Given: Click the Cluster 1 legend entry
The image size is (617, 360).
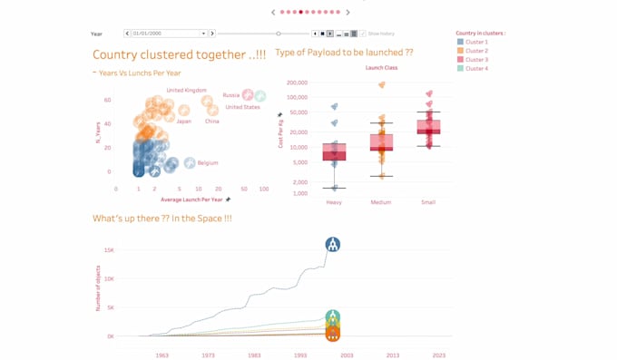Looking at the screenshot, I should coord(475,43).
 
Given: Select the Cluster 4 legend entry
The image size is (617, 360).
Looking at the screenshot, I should coord(475,69).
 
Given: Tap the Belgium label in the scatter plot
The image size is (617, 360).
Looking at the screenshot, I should coord(208,163).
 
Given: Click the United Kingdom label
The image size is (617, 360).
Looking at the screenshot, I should coord(187,91).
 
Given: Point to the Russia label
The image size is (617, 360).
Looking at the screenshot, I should coord(231,95).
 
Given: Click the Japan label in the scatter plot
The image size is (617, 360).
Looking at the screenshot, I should coord(184,122).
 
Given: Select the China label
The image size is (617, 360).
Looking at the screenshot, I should coord(211,122).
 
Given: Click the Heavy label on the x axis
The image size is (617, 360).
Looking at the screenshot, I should coord(334,202).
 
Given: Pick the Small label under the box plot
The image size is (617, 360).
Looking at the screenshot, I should coord(428,202).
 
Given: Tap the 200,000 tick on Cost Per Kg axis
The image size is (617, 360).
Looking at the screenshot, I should coord(297,83).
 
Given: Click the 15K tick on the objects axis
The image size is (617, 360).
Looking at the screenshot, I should coord(109,250).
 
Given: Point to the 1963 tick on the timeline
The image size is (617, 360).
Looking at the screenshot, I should coord(162,355).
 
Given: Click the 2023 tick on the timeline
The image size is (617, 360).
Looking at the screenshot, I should coord(439,355).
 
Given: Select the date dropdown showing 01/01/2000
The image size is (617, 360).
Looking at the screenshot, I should coord(169,34).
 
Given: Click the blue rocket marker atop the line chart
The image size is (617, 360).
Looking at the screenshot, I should coord(333,245).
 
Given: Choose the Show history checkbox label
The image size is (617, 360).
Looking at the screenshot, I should coord(381,34).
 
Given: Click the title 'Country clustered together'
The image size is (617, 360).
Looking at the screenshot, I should coord(179,55).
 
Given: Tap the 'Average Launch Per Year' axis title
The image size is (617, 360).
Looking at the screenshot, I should coord(191,199).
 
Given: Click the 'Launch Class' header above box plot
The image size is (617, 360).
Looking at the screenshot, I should coord(381,68).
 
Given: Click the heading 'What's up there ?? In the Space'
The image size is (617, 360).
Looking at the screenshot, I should coord(162,219).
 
